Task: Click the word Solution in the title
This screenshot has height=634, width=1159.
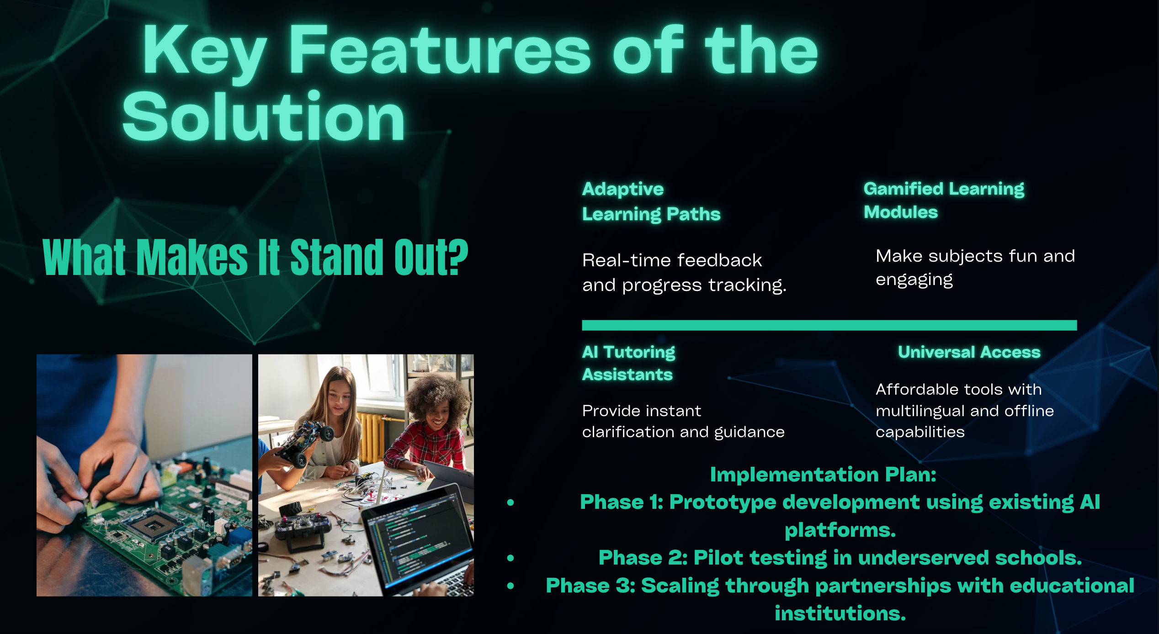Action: (264, 116)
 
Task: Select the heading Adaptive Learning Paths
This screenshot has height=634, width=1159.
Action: (651, 201)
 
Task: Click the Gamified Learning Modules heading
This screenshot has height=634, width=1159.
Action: (944, 200)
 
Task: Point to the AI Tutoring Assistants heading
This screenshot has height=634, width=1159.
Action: (628, 363)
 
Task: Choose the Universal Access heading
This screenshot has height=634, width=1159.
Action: (969, 352)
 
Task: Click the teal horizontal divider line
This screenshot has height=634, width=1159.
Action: (829, 325)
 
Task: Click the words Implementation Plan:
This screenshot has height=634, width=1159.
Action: (823, 475)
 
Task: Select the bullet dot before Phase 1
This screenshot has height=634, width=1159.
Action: (510, 502)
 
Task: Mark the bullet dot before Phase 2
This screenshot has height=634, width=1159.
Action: (510, 558)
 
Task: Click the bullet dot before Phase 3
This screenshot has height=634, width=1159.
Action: (510, 586)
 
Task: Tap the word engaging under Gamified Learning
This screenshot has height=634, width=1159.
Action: (914, 280)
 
